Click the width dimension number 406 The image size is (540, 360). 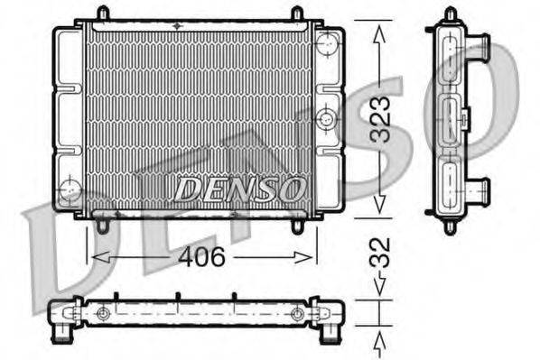tap(200, 256)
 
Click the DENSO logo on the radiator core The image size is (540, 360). tap(240, 189)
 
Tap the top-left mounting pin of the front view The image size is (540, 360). tap(103, 13)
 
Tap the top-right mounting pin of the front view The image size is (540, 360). tap(297, 13)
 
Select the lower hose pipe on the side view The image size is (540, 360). tap(478, 190)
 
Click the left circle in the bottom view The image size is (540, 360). tap(104, 313)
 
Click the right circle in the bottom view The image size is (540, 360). tap(297, 314)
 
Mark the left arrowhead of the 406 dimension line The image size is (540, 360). tap(94, 257)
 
